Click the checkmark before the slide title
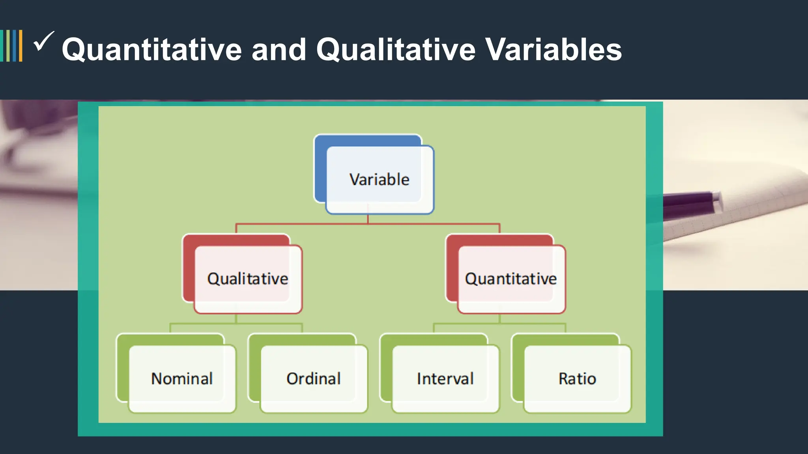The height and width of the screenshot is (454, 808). pos(43,41)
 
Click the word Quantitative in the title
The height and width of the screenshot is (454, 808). pos(152,50)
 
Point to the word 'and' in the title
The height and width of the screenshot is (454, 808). pos(279,50)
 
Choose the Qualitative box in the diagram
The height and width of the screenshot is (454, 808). pos(248,279)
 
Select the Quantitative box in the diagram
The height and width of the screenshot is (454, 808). pos(511,279)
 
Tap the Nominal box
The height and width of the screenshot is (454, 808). pos(182,379)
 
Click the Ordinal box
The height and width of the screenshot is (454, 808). pos(314,379)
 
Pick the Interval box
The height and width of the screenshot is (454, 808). pos(445,379)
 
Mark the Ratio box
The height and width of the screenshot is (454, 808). pos(577,379)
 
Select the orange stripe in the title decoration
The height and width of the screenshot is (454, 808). pos(21,46)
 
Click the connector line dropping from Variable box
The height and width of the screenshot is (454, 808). pos(368,219)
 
